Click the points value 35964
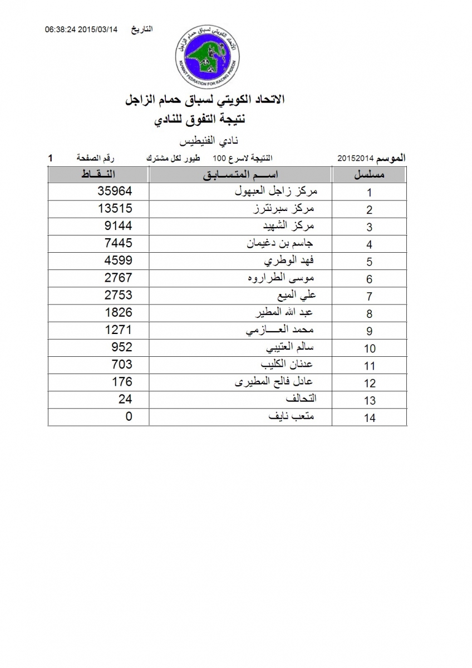pyautogui.click(x=115, y=191)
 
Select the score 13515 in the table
pyautogui.click(x=115, y=208)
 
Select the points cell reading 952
pyautogui.click(x=122, y=347)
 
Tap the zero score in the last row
pyautogui.click(x=129, y=416)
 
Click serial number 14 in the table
pyautogui.click(x=370, y=418)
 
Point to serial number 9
pyautogui.click(x=370, y=331)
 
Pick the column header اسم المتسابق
pyautogui.click(x=240, y=175)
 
